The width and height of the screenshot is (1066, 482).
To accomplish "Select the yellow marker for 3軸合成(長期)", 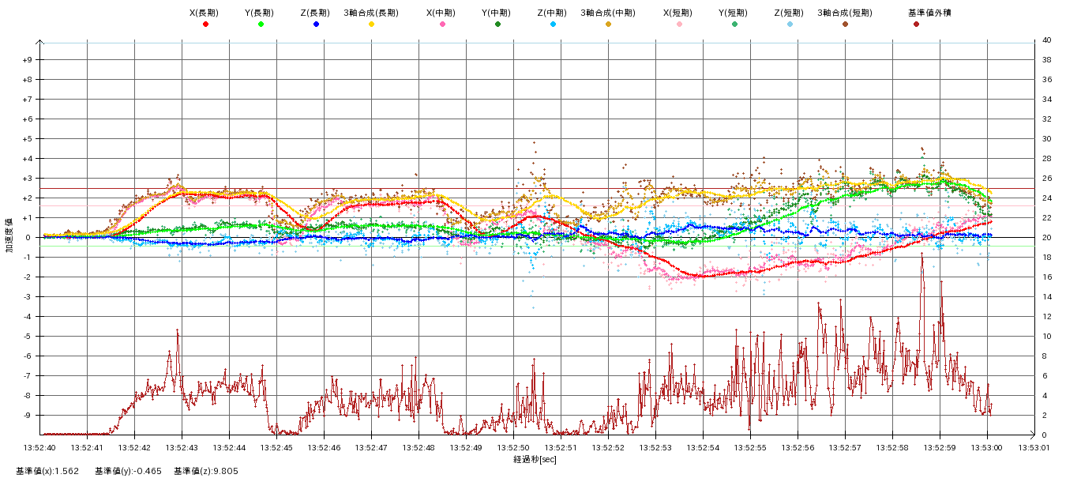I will tap(371, 24).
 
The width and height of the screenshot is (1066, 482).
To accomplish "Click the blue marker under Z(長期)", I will tap(316, 24).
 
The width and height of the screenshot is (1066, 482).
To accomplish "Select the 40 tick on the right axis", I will tap(1045, 40).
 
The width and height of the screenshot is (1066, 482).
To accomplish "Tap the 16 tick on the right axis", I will tap(1045, 277).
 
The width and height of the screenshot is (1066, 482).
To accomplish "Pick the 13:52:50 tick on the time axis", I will tap(513, 447).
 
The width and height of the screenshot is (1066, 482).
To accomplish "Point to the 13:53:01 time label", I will tap(1034, 447).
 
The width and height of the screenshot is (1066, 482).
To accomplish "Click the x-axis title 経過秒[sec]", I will tap(535, 459).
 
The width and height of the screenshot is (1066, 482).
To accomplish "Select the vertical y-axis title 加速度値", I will tap(9, 235).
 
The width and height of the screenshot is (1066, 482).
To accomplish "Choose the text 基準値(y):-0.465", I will tap(128, 471).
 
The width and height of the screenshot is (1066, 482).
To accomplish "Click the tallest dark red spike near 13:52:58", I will tap(921, 255).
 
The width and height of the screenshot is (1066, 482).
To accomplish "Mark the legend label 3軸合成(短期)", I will tap(845, 13).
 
